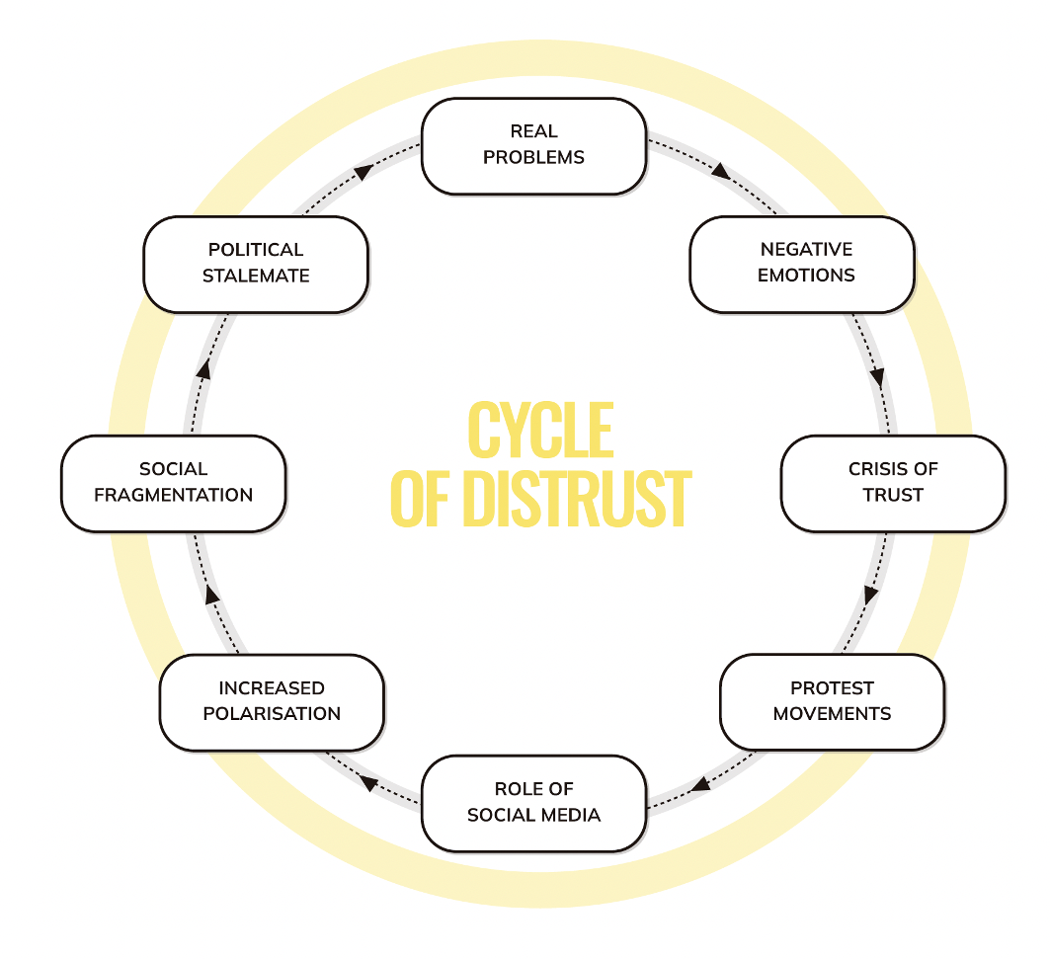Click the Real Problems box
pyautogui.click(x=533, y=145)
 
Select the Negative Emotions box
pyautogui.click(x=802, y=264)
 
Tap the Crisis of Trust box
pyautogui.click(x=893, y=483)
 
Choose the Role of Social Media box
pyautogui.click(x=533, y=803)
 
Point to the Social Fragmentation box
pyautogui.click(x=174, y=483)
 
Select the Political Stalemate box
pyautogui.click(x=256, y=264)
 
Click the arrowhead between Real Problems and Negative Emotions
pyautogui.click(x=722, y=171)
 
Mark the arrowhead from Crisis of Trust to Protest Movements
pyautogui.click(x=870, y=595)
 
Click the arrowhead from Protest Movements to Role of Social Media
pyautogui.click(x=700, y=784)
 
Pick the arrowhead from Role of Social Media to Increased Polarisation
pyautogui.click(x=369, y=783)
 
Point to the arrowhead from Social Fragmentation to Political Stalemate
pyautogui.click(x=203, y=370)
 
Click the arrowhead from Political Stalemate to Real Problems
pyautogui.click(x=363, y=172)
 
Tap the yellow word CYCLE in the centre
pyautogui.click(x=540, y=431)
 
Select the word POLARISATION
pyautogui.click(x=272, y=714)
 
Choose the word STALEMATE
pyautogui.click(x=256, y=277)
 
